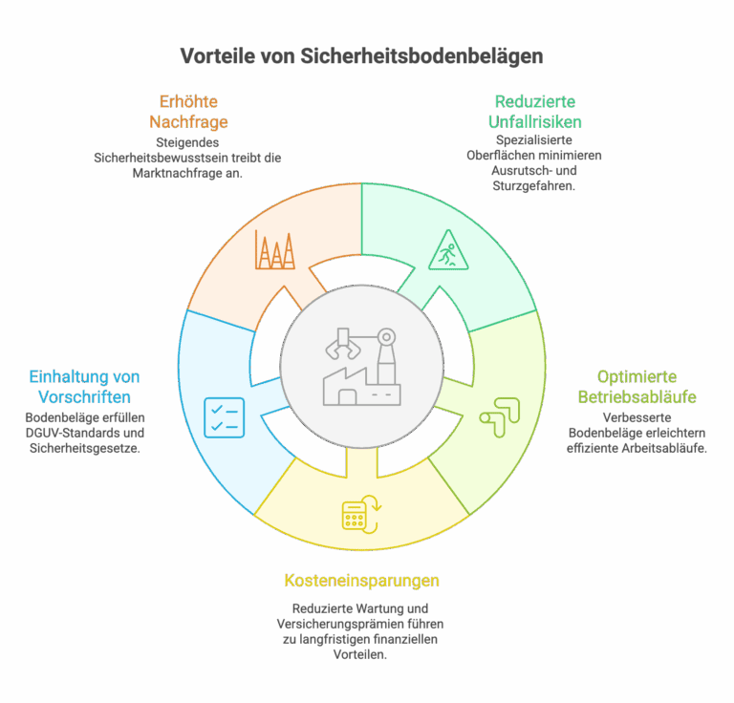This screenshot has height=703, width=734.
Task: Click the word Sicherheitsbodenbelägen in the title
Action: (421, 56)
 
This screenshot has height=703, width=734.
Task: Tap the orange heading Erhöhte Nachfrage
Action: (188, 112)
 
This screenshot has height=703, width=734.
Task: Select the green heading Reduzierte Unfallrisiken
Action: (535, 112)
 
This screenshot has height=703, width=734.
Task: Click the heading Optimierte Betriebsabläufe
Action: (637, 387)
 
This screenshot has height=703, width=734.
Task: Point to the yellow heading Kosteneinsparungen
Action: (362, 581)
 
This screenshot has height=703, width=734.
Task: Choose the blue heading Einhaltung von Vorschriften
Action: (84, 387)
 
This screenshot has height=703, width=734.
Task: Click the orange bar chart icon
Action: (275, 249)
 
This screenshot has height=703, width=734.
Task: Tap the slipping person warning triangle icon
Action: (448, 249)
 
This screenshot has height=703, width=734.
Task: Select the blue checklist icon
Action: (225, 417)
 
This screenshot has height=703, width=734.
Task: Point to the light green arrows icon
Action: (500, 417)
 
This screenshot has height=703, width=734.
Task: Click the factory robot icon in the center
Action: (362, 367)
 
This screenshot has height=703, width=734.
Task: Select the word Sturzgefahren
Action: (533, 186)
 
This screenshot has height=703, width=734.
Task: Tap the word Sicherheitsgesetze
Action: (85, 448)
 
